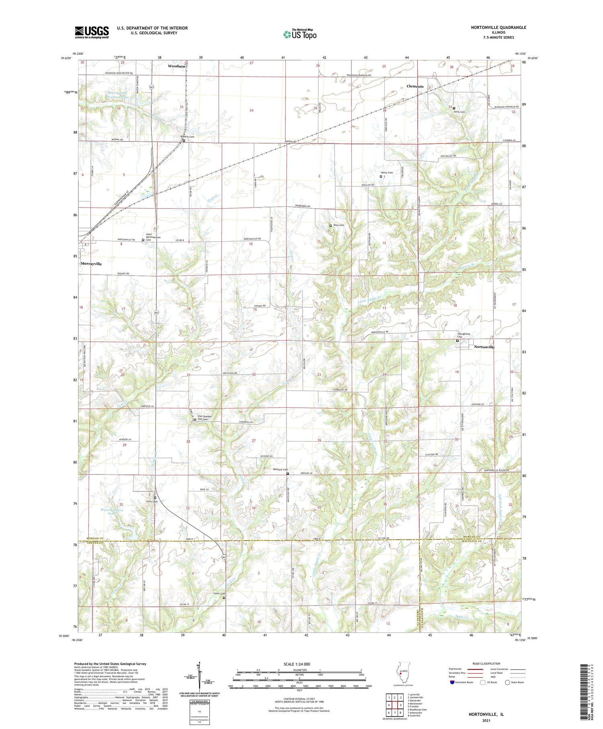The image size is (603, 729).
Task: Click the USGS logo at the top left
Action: click(92, 32)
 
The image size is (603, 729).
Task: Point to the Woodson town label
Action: click(176, 66)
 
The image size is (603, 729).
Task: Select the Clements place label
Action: click(415, 86)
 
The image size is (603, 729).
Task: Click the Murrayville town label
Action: click(91, 264)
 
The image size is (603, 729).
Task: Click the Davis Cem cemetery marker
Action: click(454, 108)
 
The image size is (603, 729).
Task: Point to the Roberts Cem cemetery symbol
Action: click(184, 141)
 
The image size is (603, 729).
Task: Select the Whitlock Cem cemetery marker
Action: click(288, 474)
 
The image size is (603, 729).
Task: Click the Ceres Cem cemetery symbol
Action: click(224, 598)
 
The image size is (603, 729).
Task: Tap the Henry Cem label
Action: click(387, 172)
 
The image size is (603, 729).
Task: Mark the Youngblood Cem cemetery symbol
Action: click(457, 341)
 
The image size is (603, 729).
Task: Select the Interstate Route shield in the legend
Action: click(452, 682)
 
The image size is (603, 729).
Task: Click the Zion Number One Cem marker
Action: click(195, 420)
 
